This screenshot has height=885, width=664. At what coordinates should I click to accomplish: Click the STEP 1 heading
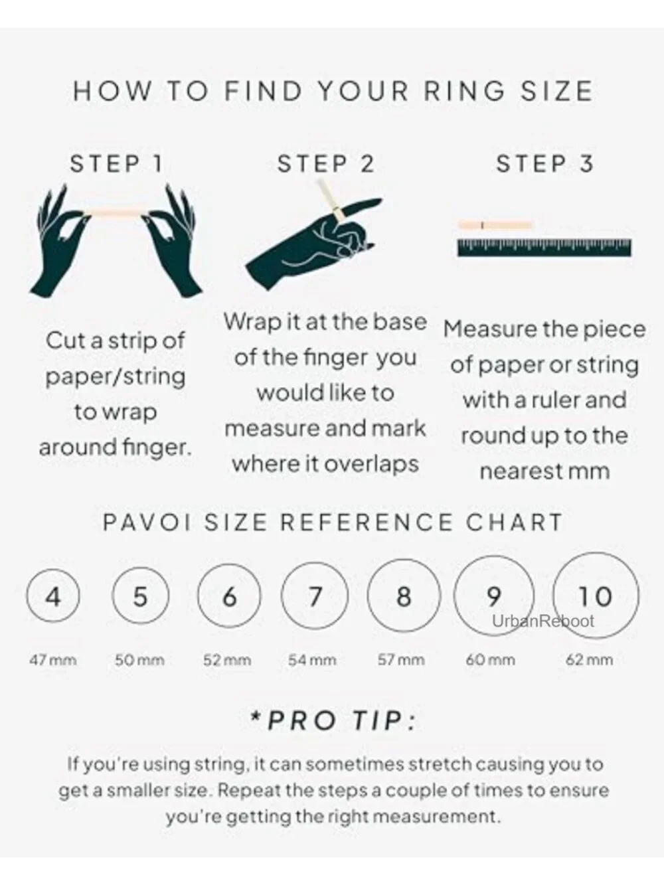click(116, 164)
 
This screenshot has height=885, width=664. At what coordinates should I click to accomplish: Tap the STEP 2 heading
click(326, 164)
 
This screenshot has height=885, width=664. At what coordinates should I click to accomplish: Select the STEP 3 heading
click(544, 164)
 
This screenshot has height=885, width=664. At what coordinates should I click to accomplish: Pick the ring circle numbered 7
click(281, 596)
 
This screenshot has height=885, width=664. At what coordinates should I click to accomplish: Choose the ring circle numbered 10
click(553, 596)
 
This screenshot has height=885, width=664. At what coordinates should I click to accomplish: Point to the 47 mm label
click(53, 661)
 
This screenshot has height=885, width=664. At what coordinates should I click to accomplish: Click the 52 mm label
click(227, 661)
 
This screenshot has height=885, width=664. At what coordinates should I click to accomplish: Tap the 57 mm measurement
click(401, 660)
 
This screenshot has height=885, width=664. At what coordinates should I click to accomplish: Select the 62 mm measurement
click(589, 660)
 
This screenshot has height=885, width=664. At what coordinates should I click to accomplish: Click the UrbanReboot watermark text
click(543, 621)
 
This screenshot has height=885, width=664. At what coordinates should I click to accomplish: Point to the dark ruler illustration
click(544, 248)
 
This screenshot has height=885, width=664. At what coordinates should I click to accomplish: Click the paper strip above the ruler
click(495, 225)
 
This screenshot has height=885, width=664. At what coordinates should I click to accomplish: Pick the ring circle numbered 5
click(113, 596)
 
